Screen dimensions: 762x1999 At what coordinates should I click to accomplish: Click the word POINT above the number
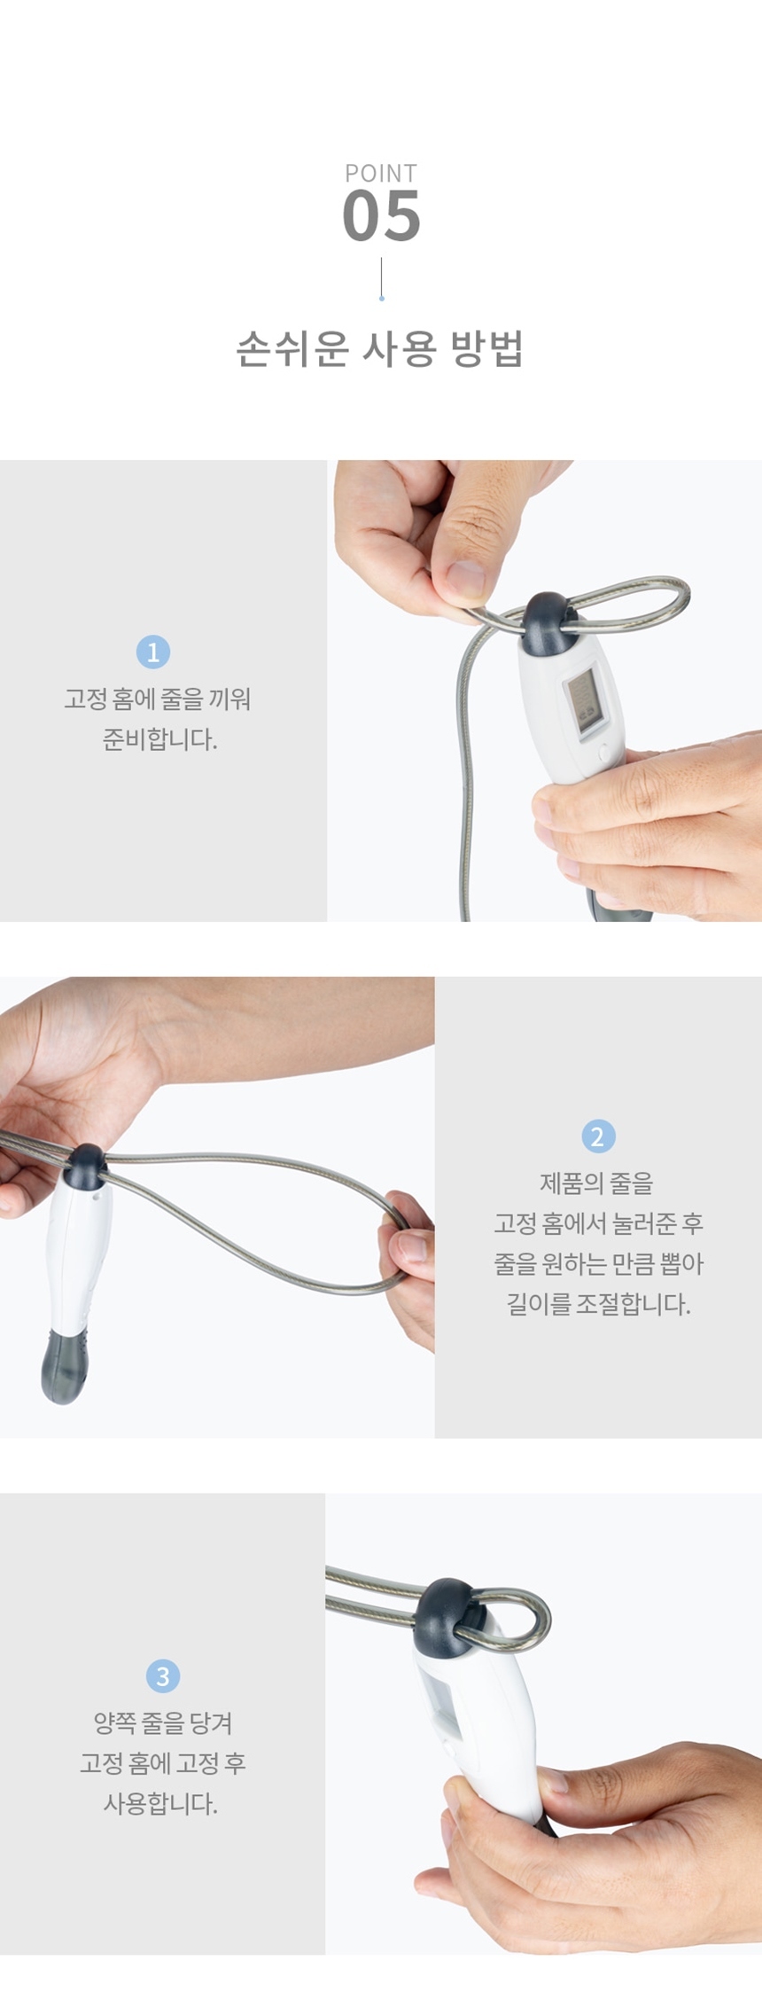[381, 173]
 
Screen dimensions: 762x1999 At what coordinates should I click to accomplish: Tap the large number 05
[381, 216]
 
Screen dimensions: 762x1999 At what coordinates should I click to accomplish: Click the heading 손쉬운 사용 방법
[380, 348]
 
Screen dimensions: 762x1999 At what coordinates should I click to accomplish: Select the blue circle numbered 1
[153, 652]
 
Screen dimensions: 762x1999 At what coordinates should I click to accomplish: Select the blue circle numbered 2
[598, 1136]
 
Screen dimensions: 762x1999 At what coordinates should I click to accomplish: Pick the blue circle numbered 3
[162, 1675]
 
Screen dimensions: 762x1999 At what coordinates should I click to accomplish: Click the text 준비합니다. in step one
[160, 739]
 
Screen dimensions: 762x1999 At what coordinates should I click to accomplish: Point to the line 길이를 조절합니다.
[598, 1304]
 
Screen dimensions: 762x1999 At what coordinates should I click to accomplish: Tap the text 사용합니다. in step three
[160, 1802]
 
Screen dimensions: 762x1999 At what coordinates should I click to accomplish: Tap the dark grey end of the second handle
[64, 1364]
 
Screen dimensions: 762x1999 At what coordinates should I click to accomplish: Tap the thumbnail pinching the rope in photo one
[465, 578]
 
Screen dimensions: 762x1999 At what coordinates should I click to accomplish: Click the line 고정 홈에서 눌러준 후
[598, 1223]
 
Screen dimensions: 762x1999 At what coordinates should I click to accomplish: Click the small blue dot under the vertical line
[382, 299]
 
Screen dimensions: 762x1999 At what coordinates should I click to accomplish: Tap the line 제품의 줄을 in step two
[596, 1183]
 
